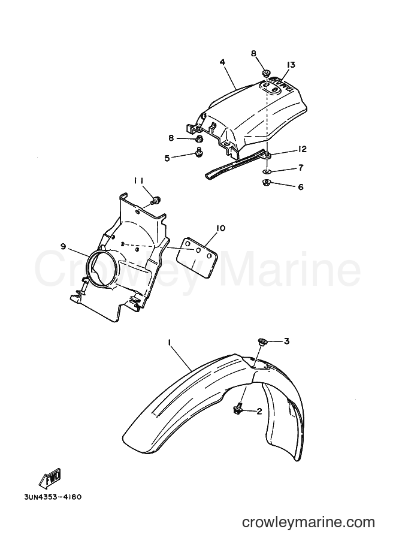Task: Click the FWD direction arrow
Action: pos(50,478)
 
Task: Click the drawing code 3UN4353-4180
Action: pos(53,497)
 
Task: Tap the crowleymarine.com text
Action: pos(308,522)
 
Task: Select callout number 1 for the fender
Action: pos(169,343)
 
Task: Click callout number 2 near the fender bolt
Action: pos(259,411)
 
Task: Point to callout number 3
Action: pos(286,341)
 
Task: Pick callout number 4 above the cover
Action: pos(222,62)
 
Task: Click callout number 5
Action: pos(168,158)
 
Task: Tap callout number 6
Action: pos(300,187)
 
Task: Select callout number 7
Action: pos(301,167)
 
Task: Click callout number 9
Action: pos(63,247)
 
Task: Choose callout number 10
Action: pos(220,228)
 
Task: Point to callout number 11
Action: pos(139,180)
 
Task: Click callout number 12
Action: pos(301,149)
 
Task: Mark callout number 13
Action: pos(291,65)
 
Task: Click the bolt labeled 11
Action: pos(155,201)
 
